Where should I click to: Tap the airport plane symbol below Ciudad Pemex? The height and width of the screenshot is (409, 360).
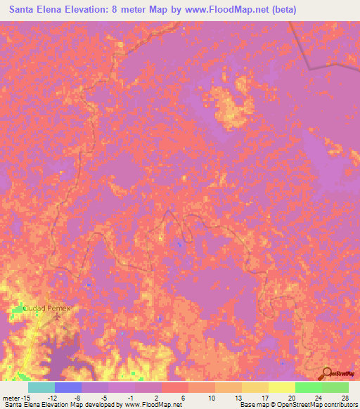[x=58, y=316]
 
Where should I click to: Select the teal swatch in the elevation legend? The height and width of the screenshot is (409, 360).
[x=41, y=387]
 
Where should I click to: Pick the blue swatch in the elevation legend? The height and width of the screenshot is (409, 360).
[x=67, y=387]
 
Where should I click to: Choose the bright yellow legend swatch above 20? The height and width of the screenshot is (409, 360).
[x=281, y=387]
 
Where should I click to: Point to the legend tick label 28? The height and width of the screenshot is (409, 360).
[x=345, y=397]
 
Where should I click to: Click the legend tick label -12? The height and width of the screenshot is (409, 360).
[x=52, y=397]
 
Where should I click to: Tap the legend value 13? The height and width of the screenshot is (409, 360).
[x=238, y=397]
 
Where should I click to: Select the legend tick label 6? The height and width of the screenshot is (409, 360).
[x=184, y=397]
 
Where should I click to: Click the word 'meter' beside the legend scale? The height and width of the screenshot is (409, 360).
[x=12, y=397]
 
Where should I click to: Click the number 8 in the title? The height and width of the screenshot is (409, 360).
[x=115, y=10]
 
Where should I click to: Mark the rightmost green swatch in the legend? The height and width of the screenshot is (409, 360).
[x=335, y=387]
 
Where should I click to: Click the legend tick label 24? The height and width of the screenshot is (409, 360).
[x=318, y=397]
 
